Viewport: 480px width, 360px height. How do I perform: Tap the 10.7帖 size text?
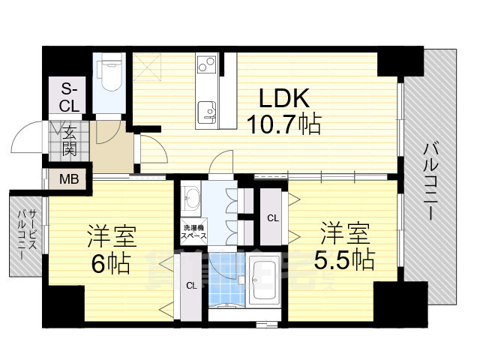coord(286,123)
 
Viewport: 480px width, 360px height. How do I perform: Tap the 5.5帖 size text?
coord(344,260)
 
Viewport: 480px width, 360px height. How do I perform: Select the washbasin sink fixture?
coord(191,199)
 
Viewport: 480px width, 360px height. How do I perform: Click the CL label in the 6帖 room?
coord(191,285)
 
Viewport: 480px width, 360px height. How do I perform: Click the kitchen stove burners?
coord(205,68)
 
